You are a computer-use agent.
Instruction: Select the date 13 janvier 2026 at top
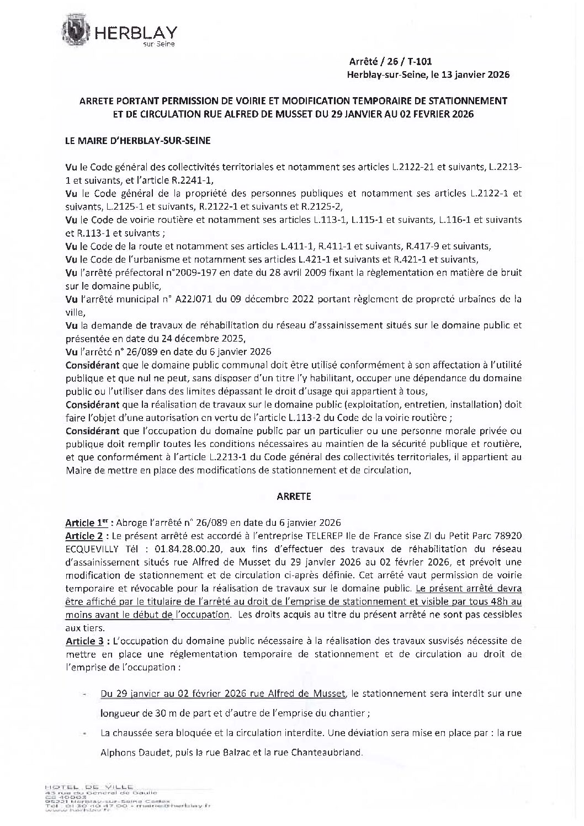(x=476, y=74)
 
